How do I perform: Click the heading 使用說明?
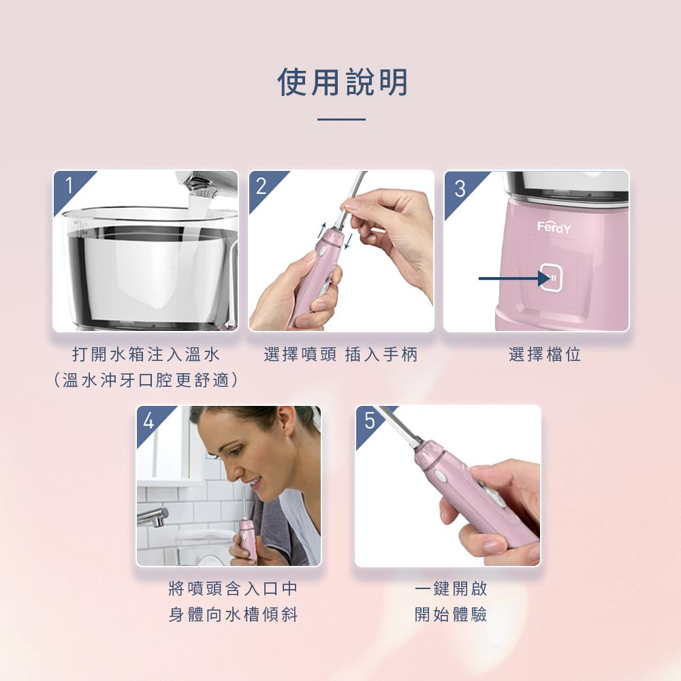[343, 82]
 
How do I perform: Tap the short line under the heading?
[341, 119]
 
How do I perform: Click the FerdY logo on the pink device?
[554, 227]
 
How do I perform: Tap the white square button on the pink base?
[551, 278]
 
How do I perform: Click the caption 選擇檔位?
[545, 354]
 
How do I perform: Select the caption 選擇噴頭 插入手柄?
[340, 354]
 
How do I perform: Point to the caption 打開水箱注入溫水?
[146, 354]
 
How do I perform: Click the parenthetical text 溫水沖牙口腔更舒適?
[146, 380]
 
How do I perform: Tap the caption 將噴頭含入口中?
[233, 588]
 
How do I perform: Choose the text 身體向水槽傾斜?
[233, 614]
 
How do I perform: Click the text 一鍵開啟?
[451, 588]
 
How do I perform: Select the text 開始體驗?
[451, 614]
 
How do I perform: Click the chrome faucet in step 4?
[153, 516]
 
